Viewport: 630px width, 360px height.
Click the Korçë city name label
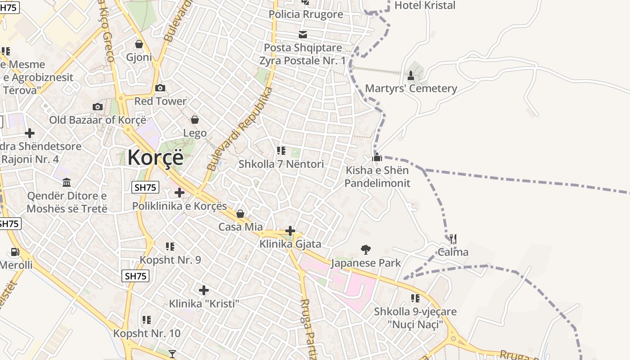[x=155, y=157]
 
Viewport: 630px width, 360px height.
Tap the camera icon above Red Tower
[x=160, y=88]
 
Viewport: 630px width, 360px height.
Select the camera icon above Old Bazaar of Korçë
[x=98, y=107]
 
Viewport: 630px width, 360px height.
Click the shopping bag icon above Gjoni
[x=139, y=44]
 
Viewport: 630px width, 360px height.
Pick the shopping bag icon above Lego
[x=195, y=120]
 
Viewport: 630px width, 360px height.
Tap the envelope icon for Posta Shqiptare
[x=303, y=34]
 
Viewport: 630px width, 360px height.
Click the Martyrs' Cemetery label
[x=411, y=88]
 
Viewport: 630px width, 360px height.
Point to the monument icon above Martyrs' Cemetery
[x=410, y=75]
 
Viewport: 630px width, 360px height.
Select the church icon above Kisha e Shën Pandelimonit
[x=377, y=157]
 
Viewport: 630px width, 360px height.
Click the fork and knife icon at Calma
[x=453, y=238]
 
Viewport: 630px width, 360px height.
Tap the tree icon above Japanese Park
[x=366, y=249]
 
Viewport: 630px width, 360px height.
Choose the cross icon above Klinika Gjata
[x=290, y=231]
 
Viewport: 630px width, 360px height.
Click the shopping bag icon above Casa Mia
[x=240, y=214]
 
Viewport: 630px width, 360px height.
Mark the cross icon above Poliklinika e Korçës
[x=180, y=193]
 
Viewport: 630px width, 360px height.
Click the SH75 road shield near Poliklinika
[x=145, y=187]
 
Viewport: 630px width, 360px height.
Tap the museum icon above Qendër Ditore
[x=67, y=182]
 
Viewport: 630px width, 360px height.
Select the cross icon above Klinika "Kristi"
[x=204, y=290]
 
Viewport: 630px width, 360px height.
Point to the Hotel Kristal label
[x=425, y=5]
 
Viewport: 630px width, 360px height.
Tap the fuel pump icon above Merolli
[x=15, y=252]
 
